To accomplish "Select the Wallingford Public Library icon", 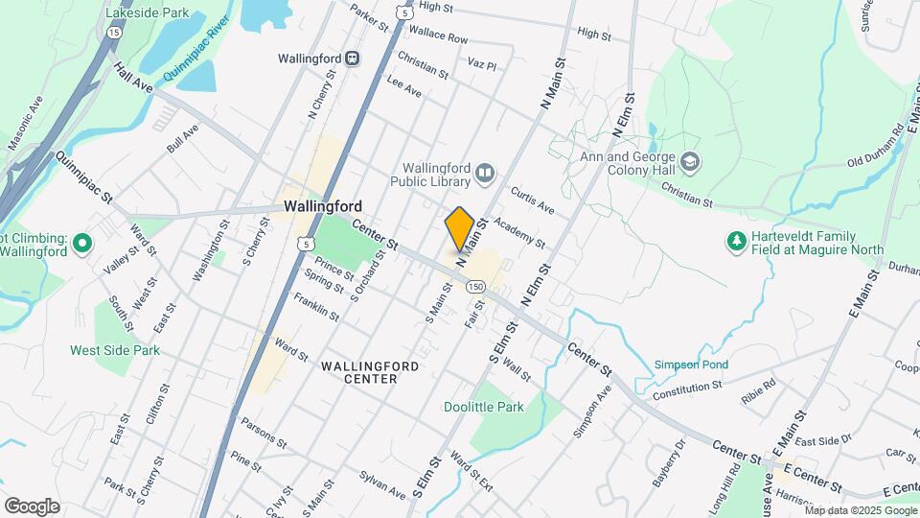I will (485, 174).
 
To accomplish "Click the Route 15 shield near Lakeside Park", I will (114, 33).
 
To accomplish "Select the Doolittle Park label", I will (483, 407).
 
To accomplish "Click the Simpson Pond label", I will (691, 365).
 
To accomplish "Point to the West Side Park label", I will (115, 351).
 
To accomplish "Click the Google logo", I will (32, 506).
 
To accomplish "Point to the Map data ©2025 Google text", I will (860, 509).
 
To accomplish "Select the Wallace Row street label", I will (438, 38).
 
